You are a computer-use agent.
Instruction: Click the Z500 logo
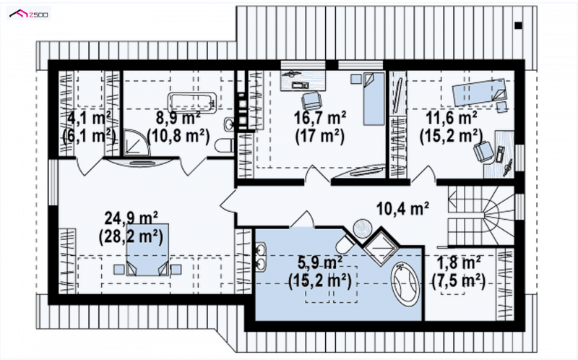29,14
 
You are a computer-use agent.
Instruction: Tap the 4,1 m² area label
89,118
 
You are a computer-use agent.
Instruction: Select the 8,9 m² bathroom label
178,118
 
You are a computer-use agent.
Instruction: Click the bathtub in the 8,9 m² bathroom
191,101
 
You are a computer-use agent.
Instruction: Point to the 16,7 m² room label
319,118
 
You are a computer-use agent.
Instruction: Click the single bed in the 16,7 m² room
374,99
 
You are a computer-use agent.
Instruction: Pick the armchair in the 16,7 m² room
311,100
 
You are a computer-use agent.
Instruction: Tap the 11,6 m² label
452,118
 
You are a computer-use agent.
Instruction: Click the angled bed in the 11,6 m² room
479,91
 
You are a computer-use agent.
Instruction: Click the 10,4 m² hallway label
402,209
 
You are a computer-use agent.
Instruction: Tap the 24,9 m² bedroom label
131,218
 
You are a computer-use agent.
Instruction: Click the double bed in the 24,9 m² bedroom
147,249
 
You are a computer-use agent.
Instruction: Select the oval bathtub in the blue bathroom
405,284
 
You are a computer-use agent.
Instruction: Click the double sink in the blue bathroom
262,257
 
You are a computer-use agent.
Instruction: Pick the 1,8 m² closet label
459,263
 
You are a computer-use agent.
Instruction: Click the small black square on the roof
518,25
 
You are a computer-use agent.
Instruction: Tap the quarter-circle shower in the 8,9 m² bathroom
137,142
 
